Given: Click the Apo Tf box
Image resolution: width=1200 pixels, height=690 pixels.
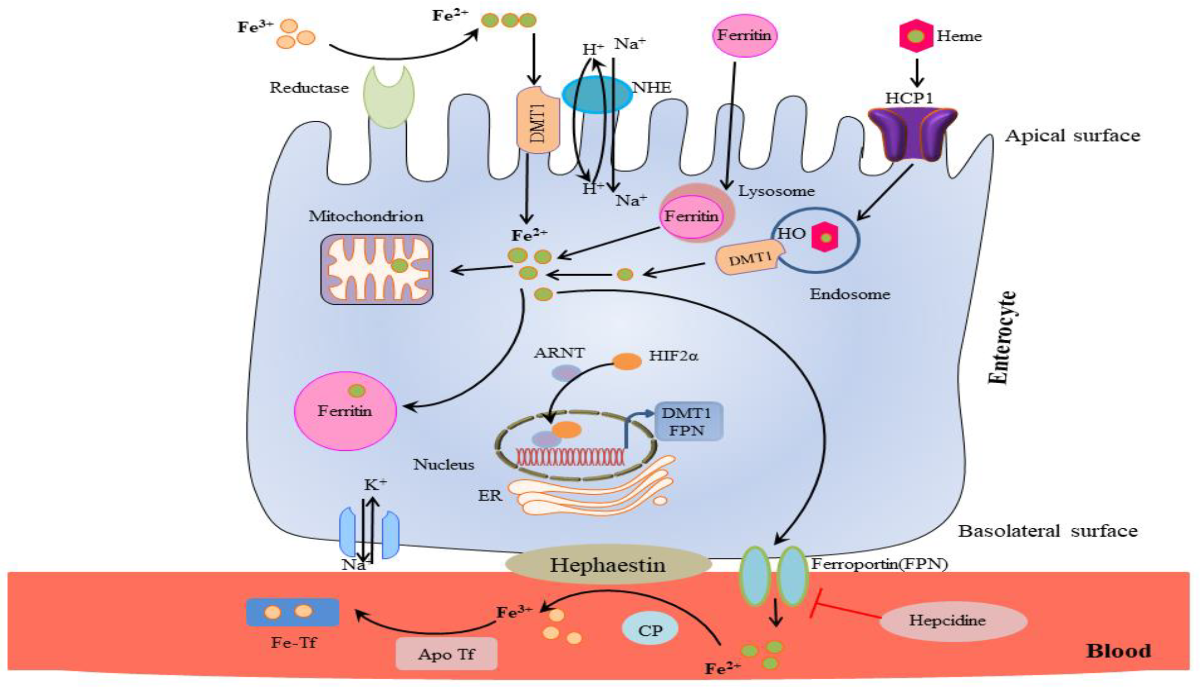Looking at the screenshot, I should pos(446,654).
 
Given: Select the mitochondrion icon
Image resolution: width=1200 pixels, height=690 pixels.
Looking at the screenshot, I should pos(376,269).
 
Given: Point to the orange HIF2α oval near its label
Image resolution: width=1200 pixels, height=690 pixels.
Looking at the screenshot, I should pos(627,361).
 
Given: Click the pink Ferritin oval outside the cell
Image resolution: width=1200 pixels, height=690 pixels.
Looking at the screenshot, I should pos(744,36).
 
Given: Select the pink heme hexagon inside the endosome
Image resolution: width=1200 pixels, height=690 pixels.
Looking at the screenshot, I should pos(825,237).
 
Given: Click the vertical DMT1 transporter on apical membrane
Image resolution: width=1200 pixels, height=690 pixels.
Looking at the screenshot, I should pos(538,121).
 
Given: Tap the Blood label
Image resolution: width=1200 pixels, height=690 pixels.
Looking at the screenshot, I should pos(1118,651).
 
